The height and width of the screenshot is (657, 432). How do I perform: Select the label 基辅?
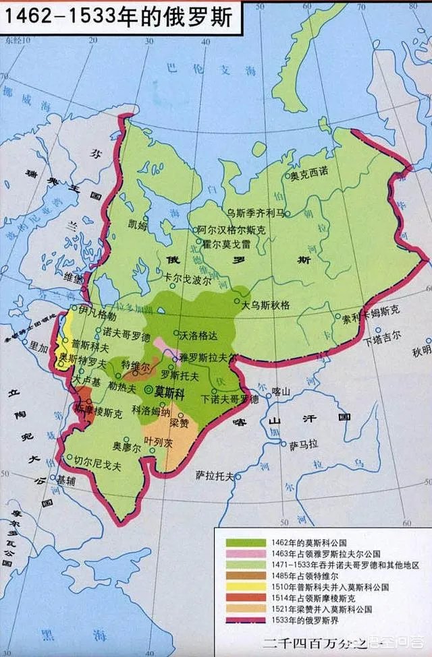click(65, 480)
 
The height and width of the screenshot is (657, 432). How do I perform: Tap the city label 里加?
click(39, 343)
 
